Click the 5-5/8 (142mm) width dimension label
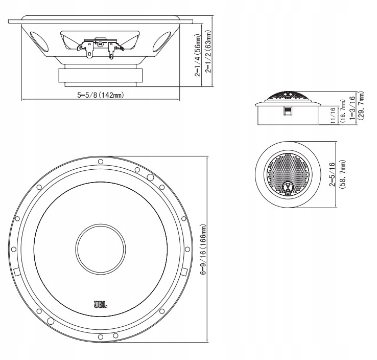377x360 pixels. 102,95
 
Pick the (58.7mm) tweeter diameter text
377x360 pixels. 343,175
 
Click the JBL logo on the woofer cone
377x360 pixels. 100,305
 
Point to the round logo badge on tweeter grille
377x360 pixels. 287,187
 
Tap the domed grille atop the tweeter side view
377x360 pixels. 287,96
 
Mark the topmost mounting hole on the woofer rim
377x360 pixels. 100,162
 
